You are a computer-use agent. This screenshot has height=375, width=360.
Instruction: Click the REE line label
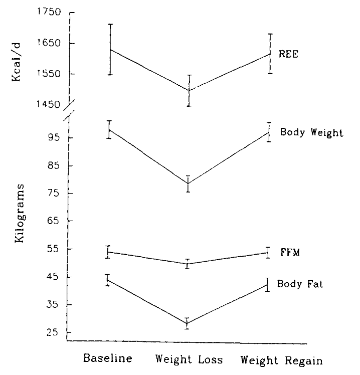(x=289, y=55)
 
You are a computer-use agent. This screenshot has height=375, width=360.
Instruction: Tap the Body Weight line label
(x=311, y=133)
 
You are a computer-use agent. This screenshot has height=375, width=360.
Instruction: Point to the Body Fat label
(x=300, y=284)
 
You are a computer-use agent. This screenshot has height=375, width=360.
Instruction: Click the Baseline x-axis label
(x=108, y=359)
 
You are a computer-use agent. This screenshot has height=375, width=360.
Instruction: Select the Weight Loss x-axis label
(x=189, y=359)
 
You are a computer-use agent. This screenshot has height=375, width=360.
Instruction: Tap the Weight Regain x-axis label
(x=281, y=360)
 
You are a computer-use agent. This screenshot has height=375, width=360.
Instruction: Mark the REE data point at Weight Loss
(x=189, y=90)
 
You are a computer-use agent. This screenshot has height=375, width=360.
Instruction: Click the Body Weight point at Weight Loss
(x=189, y=183)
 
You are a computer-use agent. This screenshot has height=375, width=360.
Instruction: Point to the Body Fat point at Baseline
(x=108, y=280)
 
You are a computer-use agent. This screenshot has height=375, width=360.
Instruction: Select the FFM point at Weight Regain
(x=269, y=253)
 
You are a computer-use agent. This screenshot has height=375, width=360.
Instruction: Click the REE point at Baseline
(x=108, y=50)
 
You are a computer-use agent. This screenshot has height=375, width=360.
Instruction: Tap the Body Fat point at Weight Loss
(x=188, y=323)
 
